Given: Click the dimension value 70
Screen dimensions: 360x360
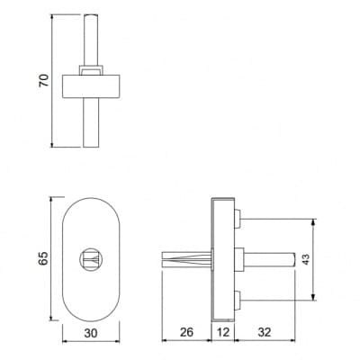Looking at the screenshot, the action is (44, 80).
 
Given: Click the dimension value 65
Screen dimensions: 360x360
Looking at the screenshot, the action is (43, 258).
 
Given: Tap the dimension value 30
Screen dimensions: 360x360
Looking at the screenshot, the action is (91, 333).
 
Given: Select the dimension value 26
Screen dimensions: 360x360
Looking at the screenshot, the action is (186, 332).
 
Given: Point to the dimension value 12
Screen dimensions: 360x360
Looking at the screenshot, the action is (223, 332).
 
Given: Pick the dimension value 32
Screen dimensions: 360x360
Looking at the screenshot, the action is (265, 332).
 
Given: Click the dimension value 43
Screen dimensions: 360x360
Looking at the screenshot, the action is (305, 259).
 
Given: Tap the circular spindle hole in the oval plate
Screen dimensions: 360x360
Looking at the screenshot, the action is (92, 259).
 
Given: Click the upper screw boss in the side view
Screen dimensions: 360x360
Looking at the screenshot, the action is (238, 219).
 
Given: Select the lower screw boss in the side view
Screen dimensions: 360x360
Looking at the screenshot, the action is (238, 300).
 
